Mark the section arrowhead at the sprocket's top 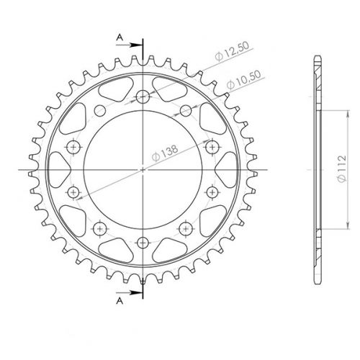(x=136, y=42)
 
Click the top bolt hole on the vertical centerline (x=143, y=97)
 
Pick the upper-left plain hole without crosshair (x=101, y=110)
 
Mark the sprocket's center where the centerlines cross (x=143, y=169)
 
